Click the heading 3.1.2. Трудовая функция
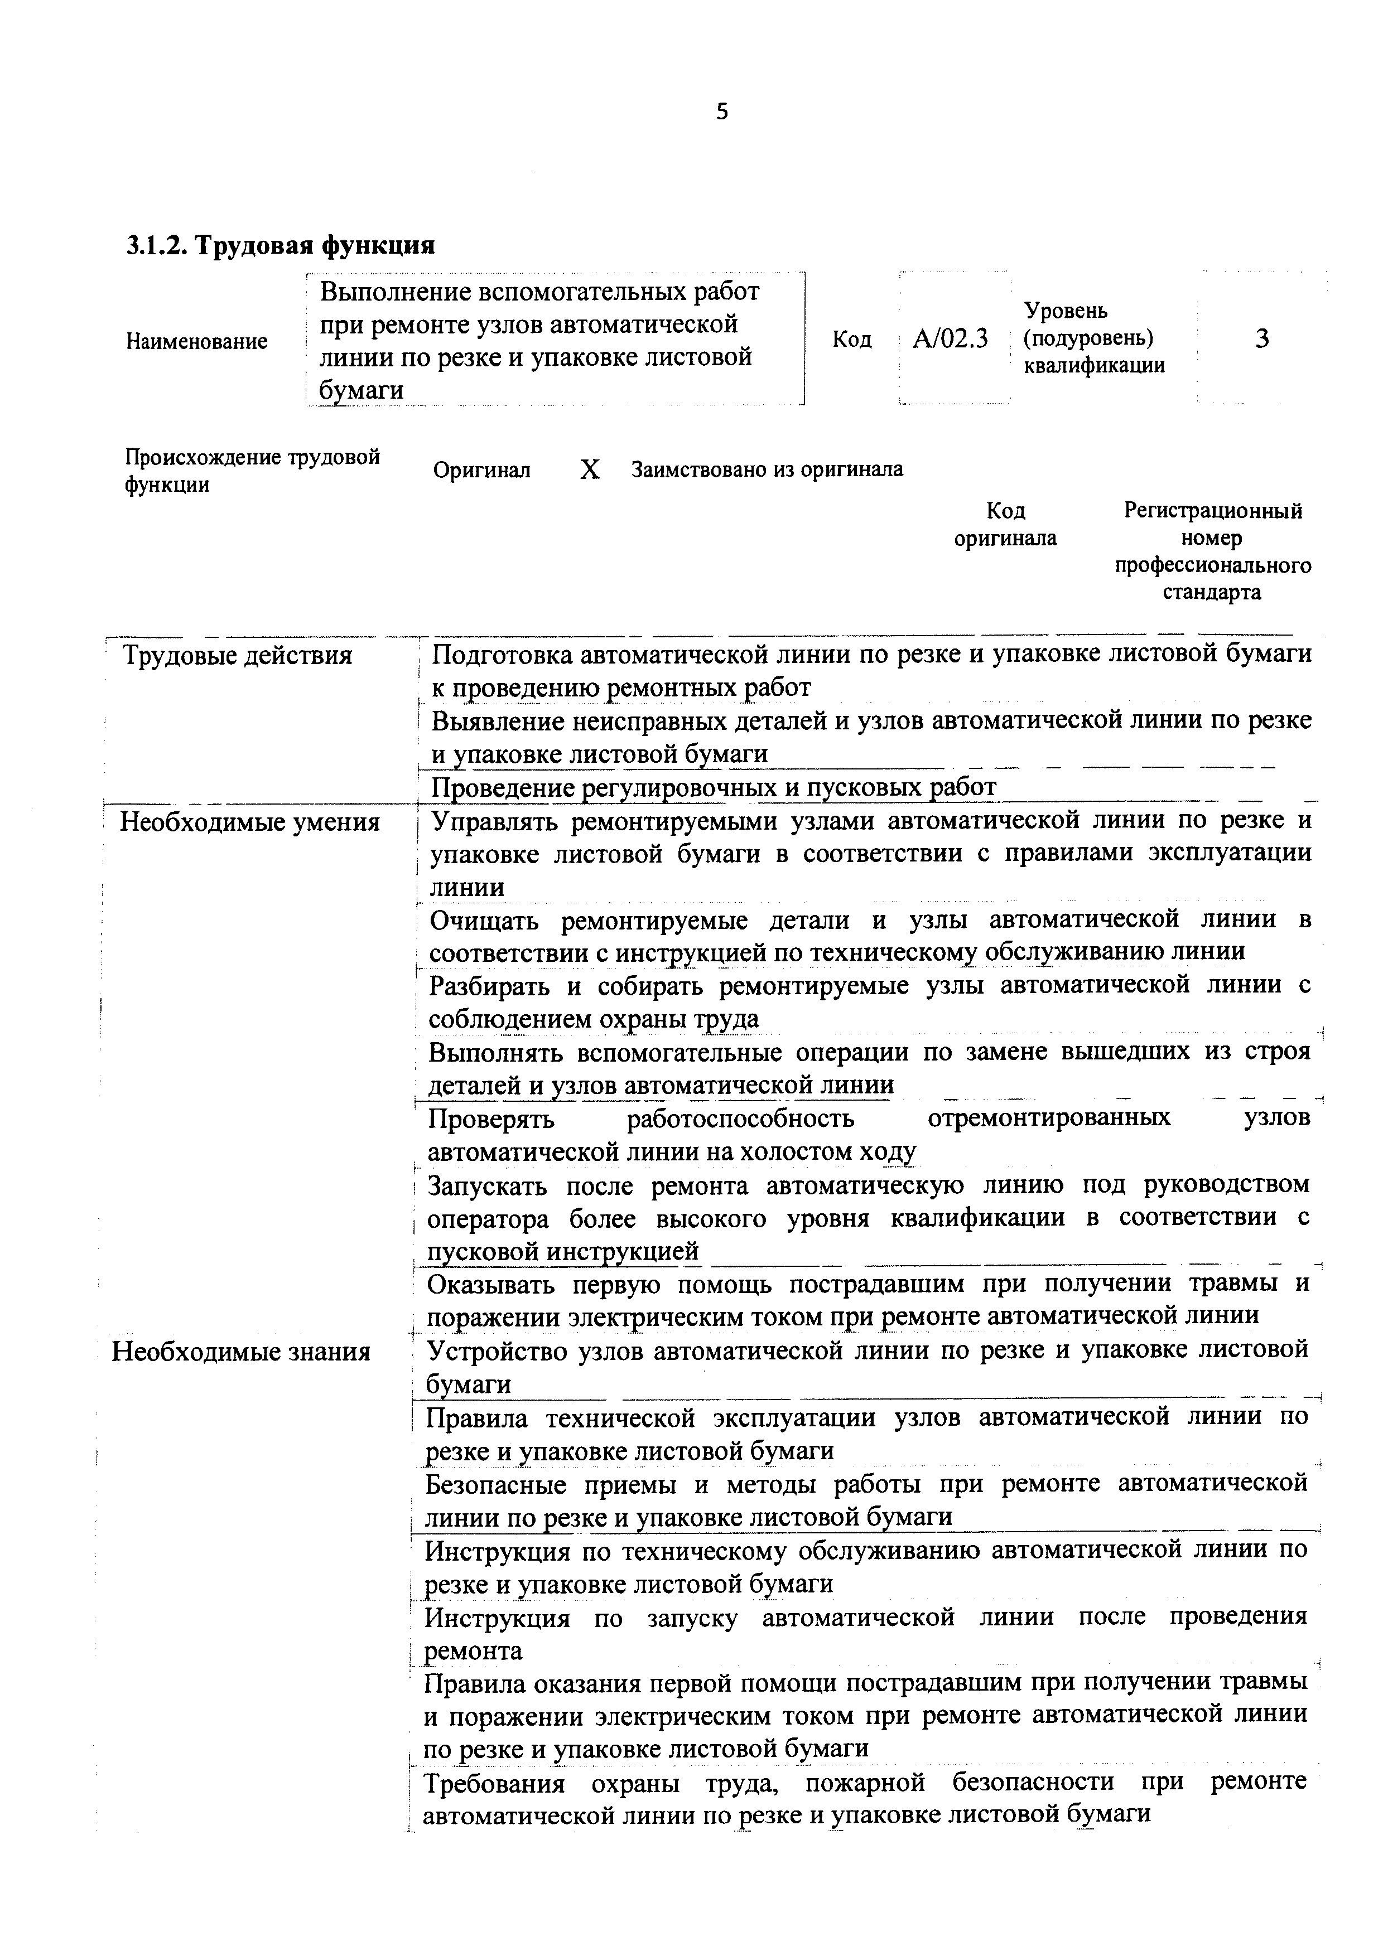coord(281,245)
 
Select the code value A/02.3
coord(950,339)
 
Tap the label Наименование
coord(197,342)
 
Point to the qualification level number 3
coord(1262,339)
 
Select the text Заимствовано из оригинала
coord(767,469)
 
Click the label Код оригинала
coord(1005,524)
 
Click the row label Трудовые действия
coord(238,656)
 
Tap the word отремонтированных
coord(1048,1117)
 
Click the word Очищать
coord(483,920)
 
